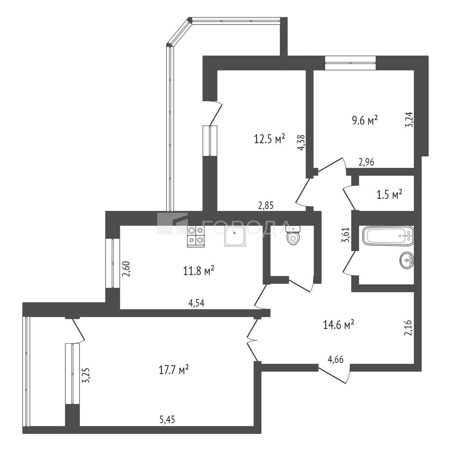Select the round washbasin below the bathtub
pyautogui.click(x=407, y=260)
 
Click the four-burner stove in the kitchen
pyautogui.click(x=196, y=237)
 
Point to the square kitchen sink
pyautogui.click(x=235, y=236)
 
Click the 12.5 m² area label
pyautogui.click(x=269, y=139)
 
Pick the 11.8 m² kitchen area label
pyautogui.click(x=199, y=272)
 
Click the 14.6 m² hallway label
pyautogui.click(x=338, y=325)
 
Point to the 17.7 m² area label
pyautogui.click(x=174, y=371)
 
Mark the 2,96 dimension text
pyautogui.click(x=367, y=162)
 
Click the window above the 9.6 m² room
pyautogui.click(x=350, y=63)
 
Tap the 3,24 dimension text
pyautogui.click(x=409, y=119)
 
